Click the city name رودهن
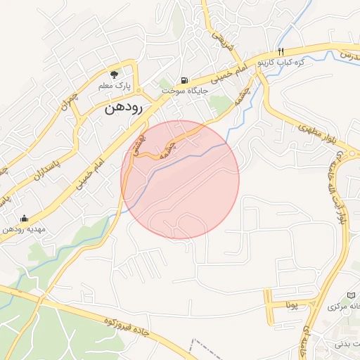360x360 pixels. click(123, 108)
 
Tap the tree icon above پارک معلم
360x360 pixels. click(114, 73)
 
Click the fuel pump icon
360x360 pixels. click(184, 80)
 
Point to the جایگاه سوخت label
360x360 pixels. click(184, 91)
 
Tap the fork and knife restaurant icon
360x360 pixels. click(281, 51)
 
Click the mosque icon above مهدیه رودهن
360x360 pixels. click(25, 218)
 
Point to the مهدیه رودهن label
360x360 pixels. click(24, 229)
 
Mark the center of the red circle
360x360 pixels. click(180, 180)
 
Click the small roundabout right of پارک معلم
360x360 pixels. click(139, 91)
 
